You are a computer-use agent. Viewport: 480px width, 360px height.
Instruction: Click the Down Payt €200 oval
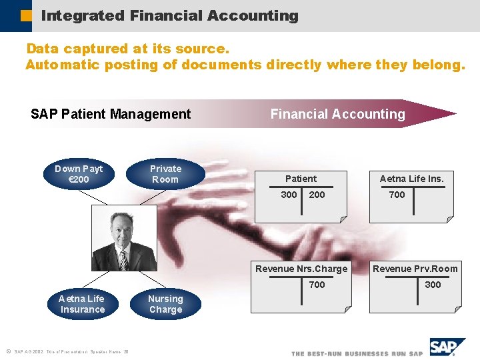79,174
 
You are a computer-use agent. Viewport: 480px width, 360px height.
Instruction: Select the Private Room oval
165,174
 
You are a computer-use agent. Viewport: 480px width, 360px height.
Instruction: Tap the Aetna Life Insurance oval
82,304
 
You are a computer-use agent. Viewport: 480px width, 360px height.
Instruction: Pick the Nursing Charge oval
165,304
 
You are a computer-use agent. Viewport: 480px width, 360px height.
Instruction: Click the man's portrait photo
123,238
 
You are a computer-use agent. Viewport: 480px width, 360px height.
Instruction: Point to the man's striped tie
123,259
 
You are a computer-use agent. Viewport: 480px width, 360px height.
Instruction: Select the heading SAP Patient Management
111,114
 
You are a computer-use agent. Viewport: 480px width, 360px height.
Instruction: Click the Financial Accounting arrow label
337,114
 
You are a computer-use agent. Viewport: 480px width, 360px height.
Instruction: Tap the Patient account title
301,179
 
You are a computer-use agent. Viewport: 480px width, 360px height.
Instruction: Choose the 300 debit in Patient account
289,195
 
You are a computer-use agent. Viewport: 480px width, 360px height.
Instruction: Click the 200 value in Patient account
317,195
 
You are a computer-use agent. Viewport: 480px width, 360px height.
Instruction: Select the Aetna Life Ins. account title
411,179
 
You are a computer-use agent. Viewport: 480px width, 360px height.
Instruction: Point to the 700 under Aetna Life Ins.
397,195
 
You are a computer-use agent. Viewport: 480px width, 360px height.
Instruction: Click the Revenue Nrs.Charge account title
302,269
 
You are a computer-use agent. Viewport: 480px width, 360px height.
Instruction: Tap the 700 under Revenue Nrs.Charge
317,285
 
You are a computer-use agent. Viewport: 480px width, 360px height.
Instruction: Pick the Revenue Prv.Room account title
415,269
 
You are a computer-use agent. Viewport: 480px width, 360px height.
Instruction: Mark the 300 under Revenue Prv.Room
433,285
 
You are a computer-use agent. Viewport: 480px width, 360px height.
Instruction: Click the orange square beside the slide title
26,15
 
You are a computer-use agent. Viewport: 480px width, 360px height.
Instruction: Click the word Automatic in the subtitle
61,65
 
